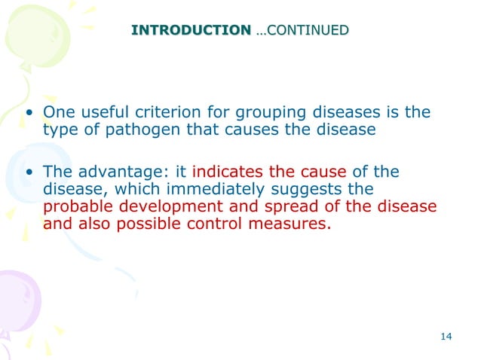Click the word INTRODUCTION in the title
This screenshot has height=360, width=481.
[x=191, y=31]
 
